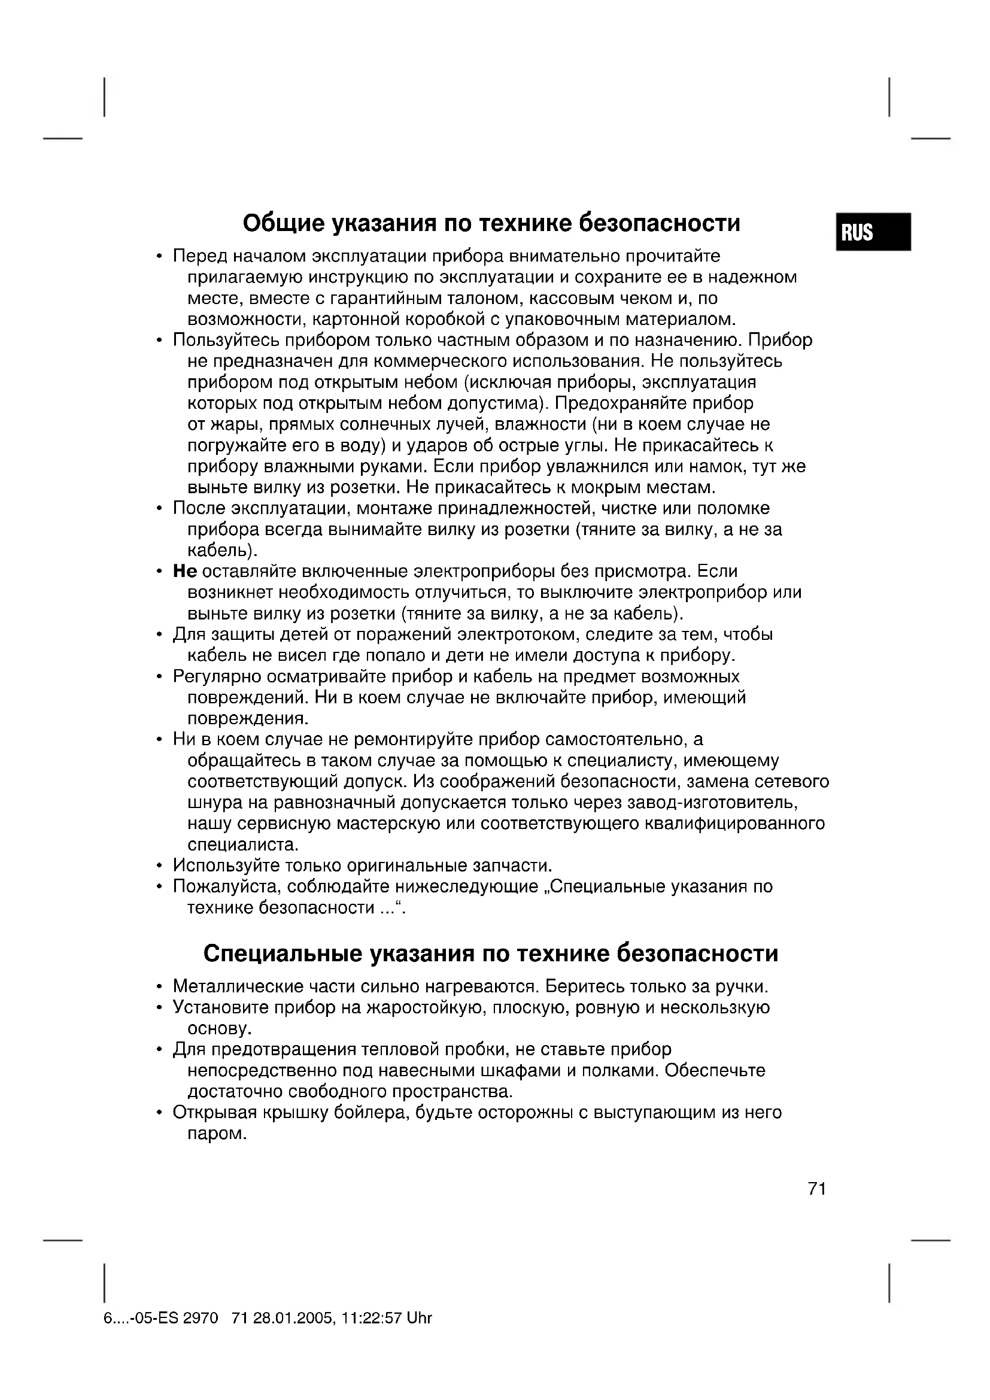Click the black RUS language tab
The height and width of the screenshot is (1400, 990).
coord(872,232)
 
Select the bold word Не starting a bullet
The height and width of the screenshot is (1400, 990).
coord(185,572)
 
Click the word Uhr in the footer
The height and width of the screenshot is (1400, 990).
coord(419,1318)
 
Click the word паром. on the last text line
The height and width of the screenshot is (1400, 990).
coord(217,1134)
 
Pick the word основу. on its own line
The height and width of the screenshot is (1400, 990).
coord(220,1029)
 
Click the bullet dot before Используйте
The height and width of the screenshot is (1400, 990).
coord(160,866)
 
